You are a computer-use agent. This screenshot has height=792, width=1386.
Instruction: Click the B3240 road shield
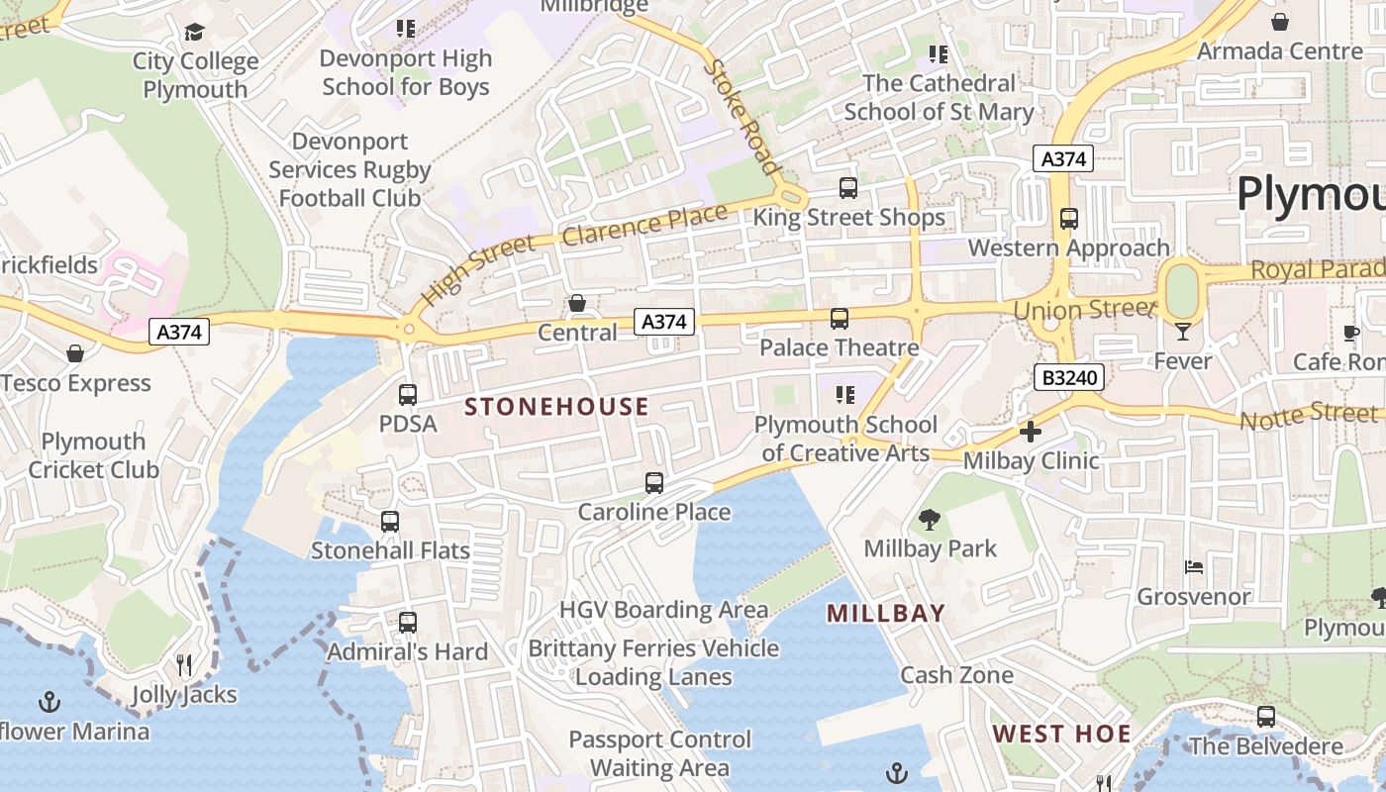tap(1069, 377)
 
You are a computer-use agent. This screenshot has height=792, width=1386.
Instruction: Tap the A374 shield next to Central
tap(664, 322)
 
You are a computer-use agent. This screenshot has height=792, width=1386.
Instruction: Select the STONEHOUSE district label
tap(556, 407)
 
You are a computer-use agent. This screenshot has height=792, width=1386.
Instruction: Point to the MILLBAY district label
tap(886, 614)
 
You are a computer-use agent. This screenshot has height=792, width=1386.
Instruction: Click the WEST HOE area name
tap(1062, 735)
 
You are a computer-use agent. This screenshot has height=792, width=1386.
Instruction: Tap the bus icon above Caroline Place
tap(654, 483)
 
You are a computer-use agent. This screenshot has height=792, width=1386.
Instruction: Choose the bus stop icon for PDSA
tap(407, 395)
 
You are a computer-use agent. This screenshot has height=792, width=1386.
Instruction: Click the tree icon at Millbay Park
tap(929, 520)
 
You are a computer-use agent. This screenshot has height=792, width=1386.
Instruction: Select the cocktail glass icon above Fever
tap(1183, 332)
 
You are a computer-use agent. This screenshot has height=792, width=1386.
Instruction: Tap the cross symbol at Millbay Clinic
tap(1031, 432)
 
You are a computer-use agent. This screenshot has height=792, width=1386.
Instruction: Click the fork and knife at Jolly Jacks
tap(184, 664)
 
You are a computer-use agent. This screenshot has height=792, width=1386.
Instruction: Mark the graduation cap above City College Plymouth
tap(195, 33)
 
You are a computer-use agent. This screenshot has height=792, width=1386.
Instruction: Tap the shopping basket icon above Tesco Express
tap(75, 353)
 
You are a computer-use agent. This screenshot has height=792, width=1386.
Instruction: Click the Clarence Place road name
tap(645, 225)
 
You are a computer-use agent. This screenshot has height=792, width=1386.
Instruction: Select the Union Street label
tap(1084, 310)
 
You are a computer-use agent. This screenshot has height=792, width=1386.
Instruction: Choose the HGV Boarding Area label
tap(663, 610)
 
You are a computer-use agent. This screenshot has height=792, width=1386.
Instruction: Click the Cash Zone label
tap(956, 675)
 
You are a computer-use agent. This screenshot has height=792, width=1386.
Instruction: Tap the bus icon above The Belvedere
tap(1266, 717)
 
